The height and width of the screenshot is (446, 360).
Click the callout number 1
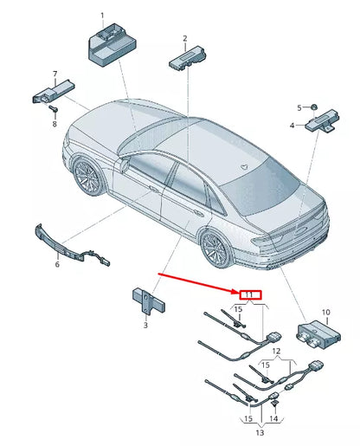[102, 16]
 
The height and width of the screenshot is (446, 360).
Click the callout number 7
[55, 74]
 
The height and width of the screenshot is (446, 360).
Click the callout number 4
[292, 126]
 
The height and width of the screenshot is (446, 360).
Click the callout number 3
[145, 325]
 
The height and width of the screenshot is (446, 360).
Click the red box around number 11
[249, 295]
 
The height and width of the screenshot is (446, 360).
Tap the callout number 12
[276, 351]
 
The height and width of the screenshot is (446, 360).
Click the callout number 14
[275, 419]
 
